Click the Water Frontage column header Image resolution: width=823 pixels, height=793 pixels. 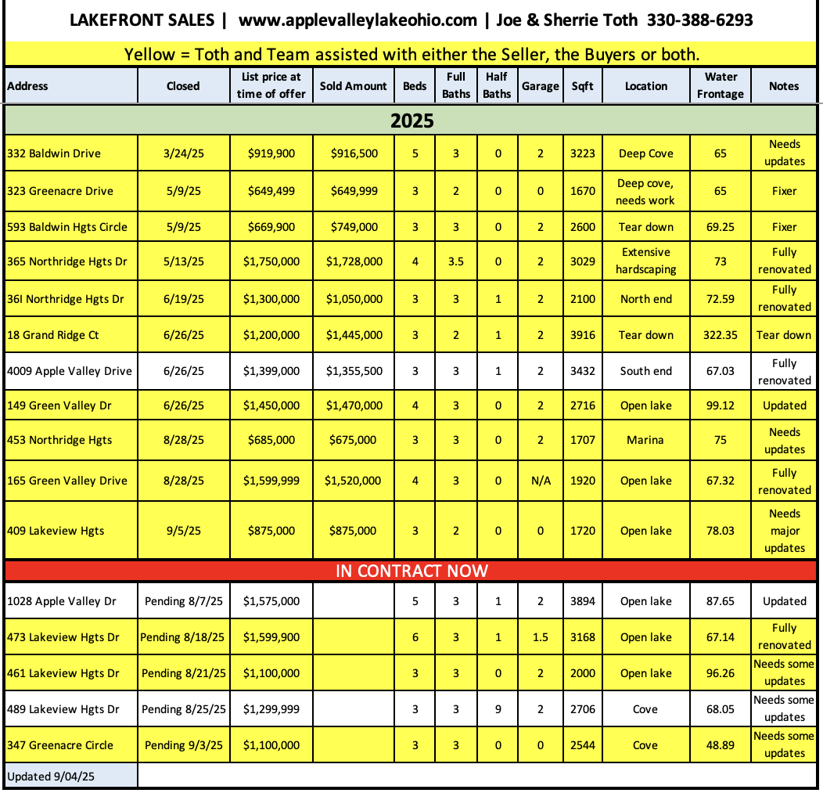[x=721, y=85]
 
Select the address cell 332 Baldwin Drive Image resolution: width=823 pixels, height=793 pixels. [x=54, y=153]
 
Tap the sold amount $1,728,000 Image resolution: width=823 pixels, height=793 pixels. [x=354, y=261]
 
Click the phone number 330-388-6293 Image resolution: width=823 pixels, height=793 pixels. [x=699, y=20]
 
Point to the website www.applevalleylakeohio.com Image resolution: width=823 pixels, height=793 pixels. [x=358, y=20]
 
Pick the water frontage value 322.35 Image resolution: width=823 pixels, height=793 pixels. [x=721, y=335]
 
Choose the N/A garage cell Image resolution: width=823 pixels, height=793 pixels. [x=540, y=481]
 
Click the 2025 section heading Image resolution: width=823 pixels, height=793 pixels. [x=411, y=121]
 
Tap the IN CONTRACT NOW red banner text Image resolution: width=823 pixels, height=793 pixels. [x=411, y=571]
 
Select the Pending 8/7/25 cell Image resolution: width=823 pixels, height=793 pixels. [x=184, y=601]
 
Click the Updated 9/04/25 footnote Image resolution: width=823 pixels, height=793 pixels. [x=46, y=777]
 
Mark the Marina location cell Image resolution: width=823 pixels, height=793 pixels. [x=645, y=440]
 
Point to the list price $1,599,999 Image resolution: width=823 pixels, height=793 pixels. [x=271, y=481]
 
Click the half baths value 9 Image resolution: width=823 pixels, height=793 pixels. [x=498, y=709]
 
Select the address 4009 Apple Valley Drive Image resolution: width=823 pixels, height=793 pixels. [x=70, y=371]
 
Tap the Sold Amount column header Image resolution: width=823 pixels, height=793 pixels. [x=354, y=86]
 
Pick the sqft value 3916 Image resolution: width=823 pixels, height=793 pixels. [x=583, y=335]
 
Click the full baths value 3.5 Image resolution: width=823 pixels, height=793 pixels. [x=455, y=261]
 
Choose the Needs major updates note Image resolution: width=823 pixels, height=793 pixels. [x=784, y=531]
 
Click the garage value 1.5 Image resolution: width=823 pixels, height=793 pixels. [x=540, y=637]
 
